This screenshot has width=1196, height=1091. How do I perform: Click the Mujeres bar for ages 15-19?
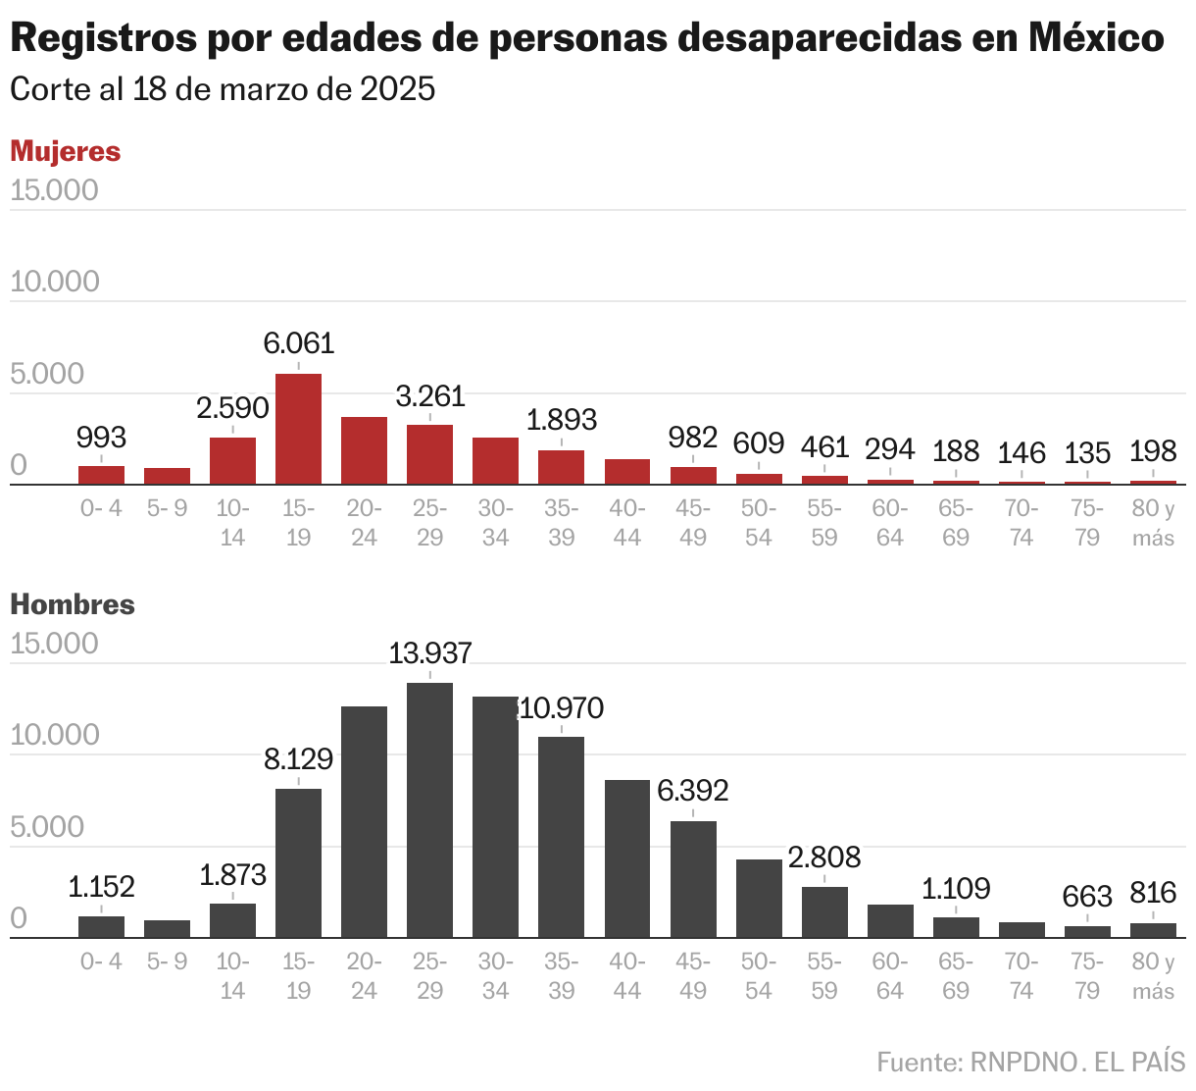[x=298, y=429]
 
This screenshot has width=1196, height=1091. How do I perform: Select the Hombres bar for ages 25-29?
[x=429, y=810]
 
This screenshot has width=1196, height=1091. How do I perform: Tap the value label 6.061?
[x=298, y=343]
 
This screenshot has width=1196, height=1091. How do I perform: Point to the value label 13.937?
[x=429, y=653]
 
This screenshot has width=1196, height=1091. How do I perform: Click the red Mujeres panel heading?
[x=65, y=151]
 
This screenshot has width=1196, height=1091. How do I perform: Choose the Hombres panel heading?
[x=73, y=604]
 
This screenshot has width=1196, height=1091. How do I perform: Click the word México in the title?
[x=1096, y=38]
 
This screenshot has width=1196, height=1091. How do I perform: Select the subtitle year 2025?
[x=397, y=89]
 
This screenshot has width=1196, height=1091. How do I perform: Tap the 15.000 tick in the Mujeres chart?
[x=54, y=190]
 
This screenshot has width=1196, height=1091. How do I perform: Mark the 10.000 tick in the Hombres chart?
[x=54, y=735]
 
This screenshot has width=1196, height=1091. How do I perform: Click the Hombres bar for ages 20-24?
[x=364, y=822]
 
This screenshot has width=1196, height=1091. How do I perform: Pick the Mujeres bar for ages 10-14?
[x=232, y=460]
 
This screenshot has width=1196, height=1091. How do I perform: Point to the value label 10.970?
[x=562, y=708]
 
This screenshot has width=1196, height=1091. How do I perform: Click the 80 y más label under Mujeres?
[x=1153, y=523]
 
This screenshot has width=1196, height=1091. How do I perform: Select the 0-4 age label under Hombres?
[x=101, y=961]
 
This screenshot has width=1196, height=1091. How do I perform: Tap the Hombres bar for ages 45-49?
[x=693, y=879]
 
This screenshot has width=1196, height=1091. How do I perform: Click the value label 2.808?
[x=823, y=857]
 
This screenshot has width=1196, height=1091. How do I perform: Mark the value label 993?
[x=101, y=438]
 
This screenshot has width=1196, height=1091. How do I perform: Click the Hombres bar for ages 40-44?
[x=627, y=858]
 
